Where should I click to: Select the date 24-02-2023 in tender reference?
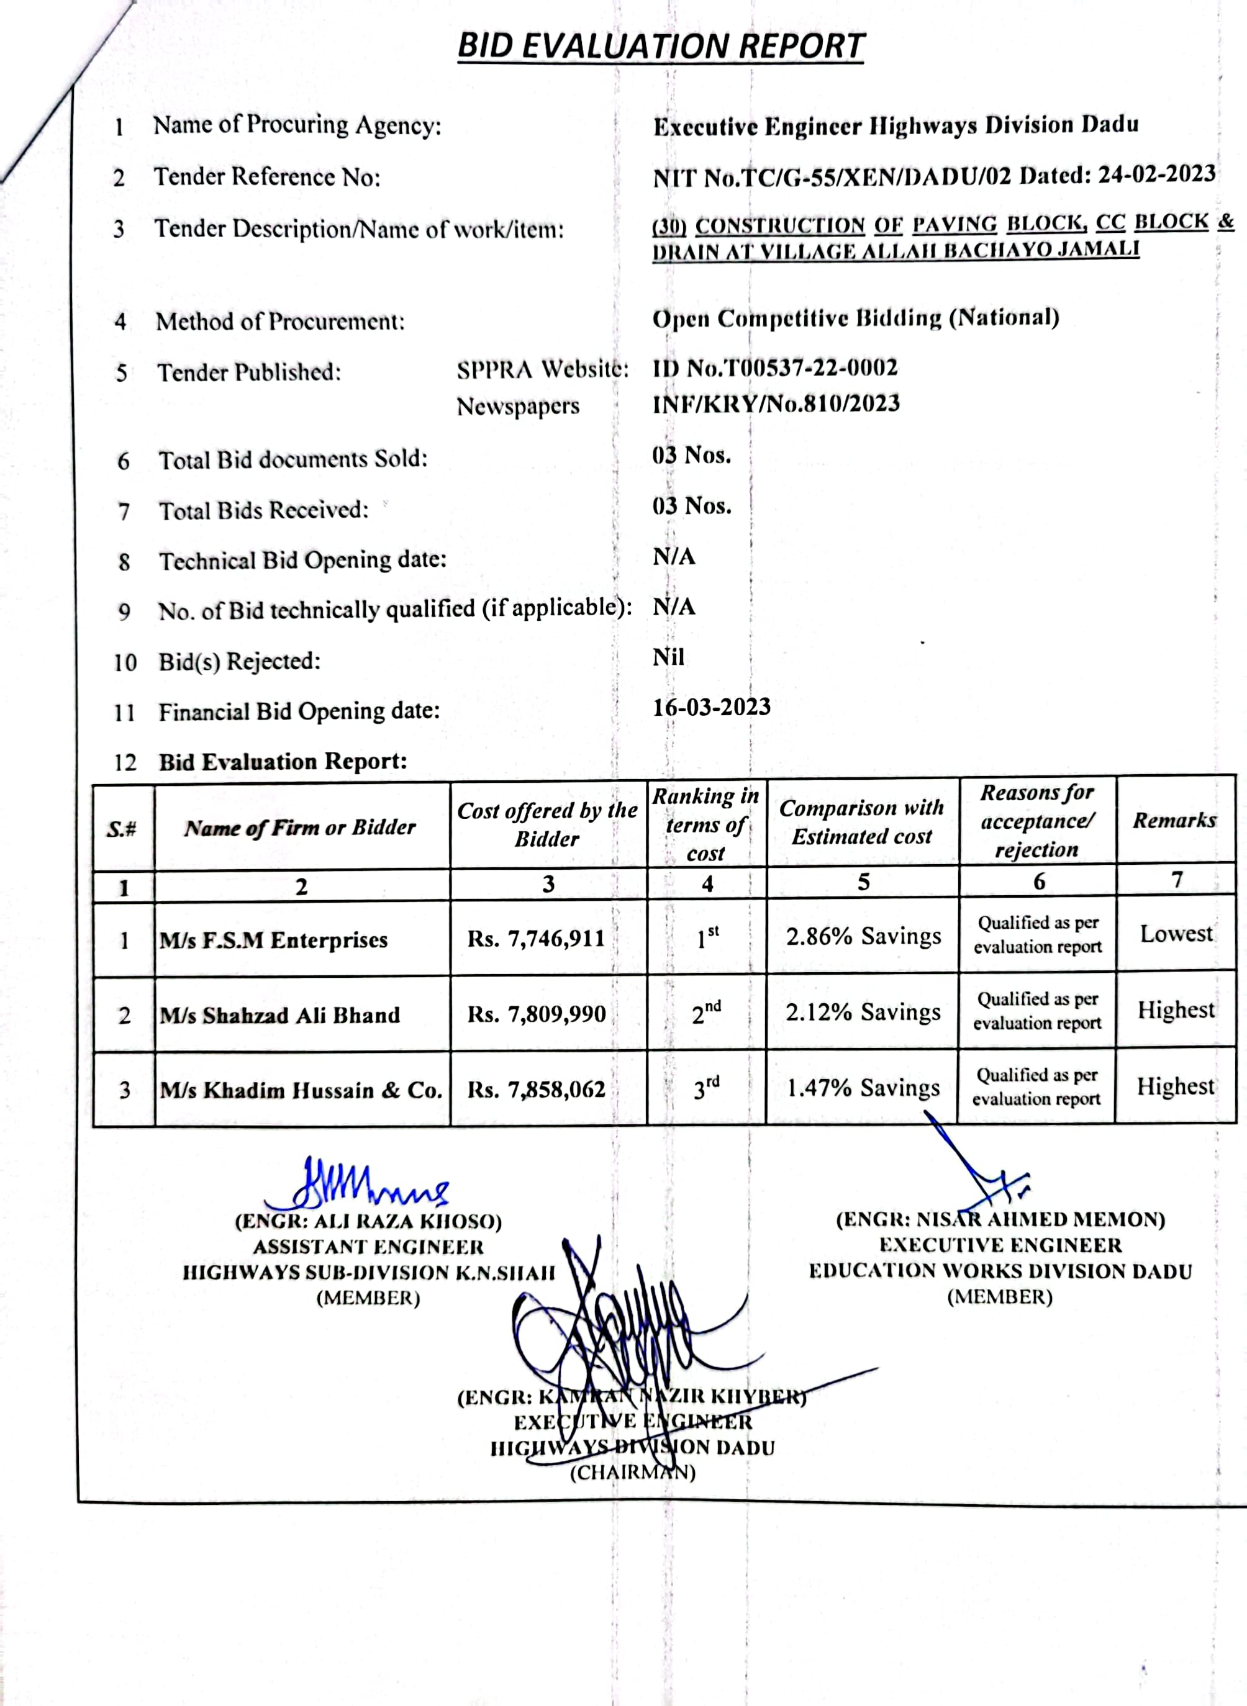[x=1156, y=174]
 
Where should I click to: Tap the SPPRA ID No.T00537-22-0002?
[x=775, y=368]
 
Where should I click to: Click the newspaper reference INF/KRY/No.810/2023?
[x=776, y=404]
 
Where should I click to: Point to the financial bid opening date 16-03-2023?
[x=711, y=707]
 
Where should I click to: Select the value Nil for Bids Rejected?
[x=668, y=657]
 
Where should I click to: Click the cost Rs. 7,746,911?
[x=536, y=939]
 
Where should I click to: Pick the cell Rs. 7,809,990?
[x=536, y=1014]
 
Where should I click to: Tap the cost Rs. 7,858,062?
[x=536, y=1090]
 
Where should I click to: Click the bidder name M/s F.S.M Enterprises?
[x=273, y=940]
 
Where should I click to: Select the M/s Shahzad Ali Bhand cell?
[x=279, y=1016]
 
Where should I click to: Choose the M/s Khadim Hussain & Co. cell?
[x=301, y=1090]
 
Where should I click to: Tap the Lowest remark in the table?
[x=1176, y=934]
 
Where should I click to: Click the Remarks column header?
[x=1174, y=820]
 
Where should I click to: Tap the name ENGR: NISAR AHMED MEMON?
[x=1000, y=1220]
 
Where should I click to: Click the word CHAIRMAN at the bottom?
[x=633, y=1473]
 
